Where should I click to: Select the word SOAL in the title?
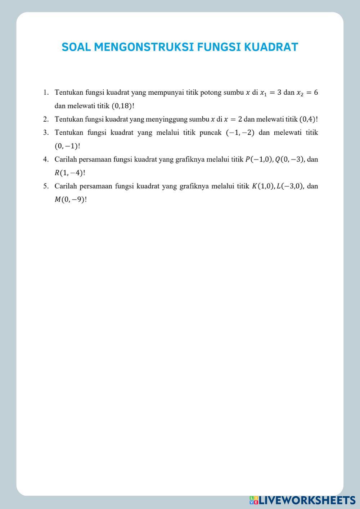click(76, 47)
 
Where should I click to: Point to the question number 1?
click(46, 93)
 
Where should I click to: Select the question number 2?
click(46, 119)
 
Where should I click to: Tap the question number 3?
click(46, 132)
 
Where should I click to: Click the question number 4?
click(46, 159)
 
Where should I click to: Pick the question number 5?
click(46, 186)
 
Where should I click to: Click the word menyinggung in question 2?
click(167, 119)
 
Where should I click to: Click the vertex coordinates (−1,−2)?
click(240, 132)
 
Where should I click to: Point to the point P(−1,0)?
click(258, 159)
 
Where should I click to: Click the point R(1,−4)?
click(69, 173)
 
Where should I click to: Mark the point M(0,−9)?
click(70, 199)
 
